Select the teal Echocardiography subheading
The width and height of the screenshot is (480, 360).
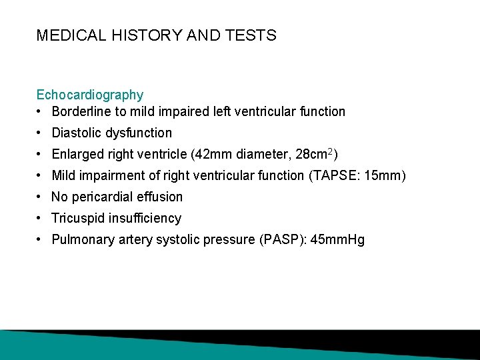click(x=90, y=95)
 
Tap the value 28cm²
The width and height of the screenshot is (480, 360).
click(x=313, y=154)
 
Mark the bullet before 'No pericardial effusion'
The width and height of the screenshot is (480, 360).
click(x=41, y=197)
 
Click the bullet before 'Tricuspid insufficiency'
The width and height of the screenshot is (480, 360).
click(x=41, y=218)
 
